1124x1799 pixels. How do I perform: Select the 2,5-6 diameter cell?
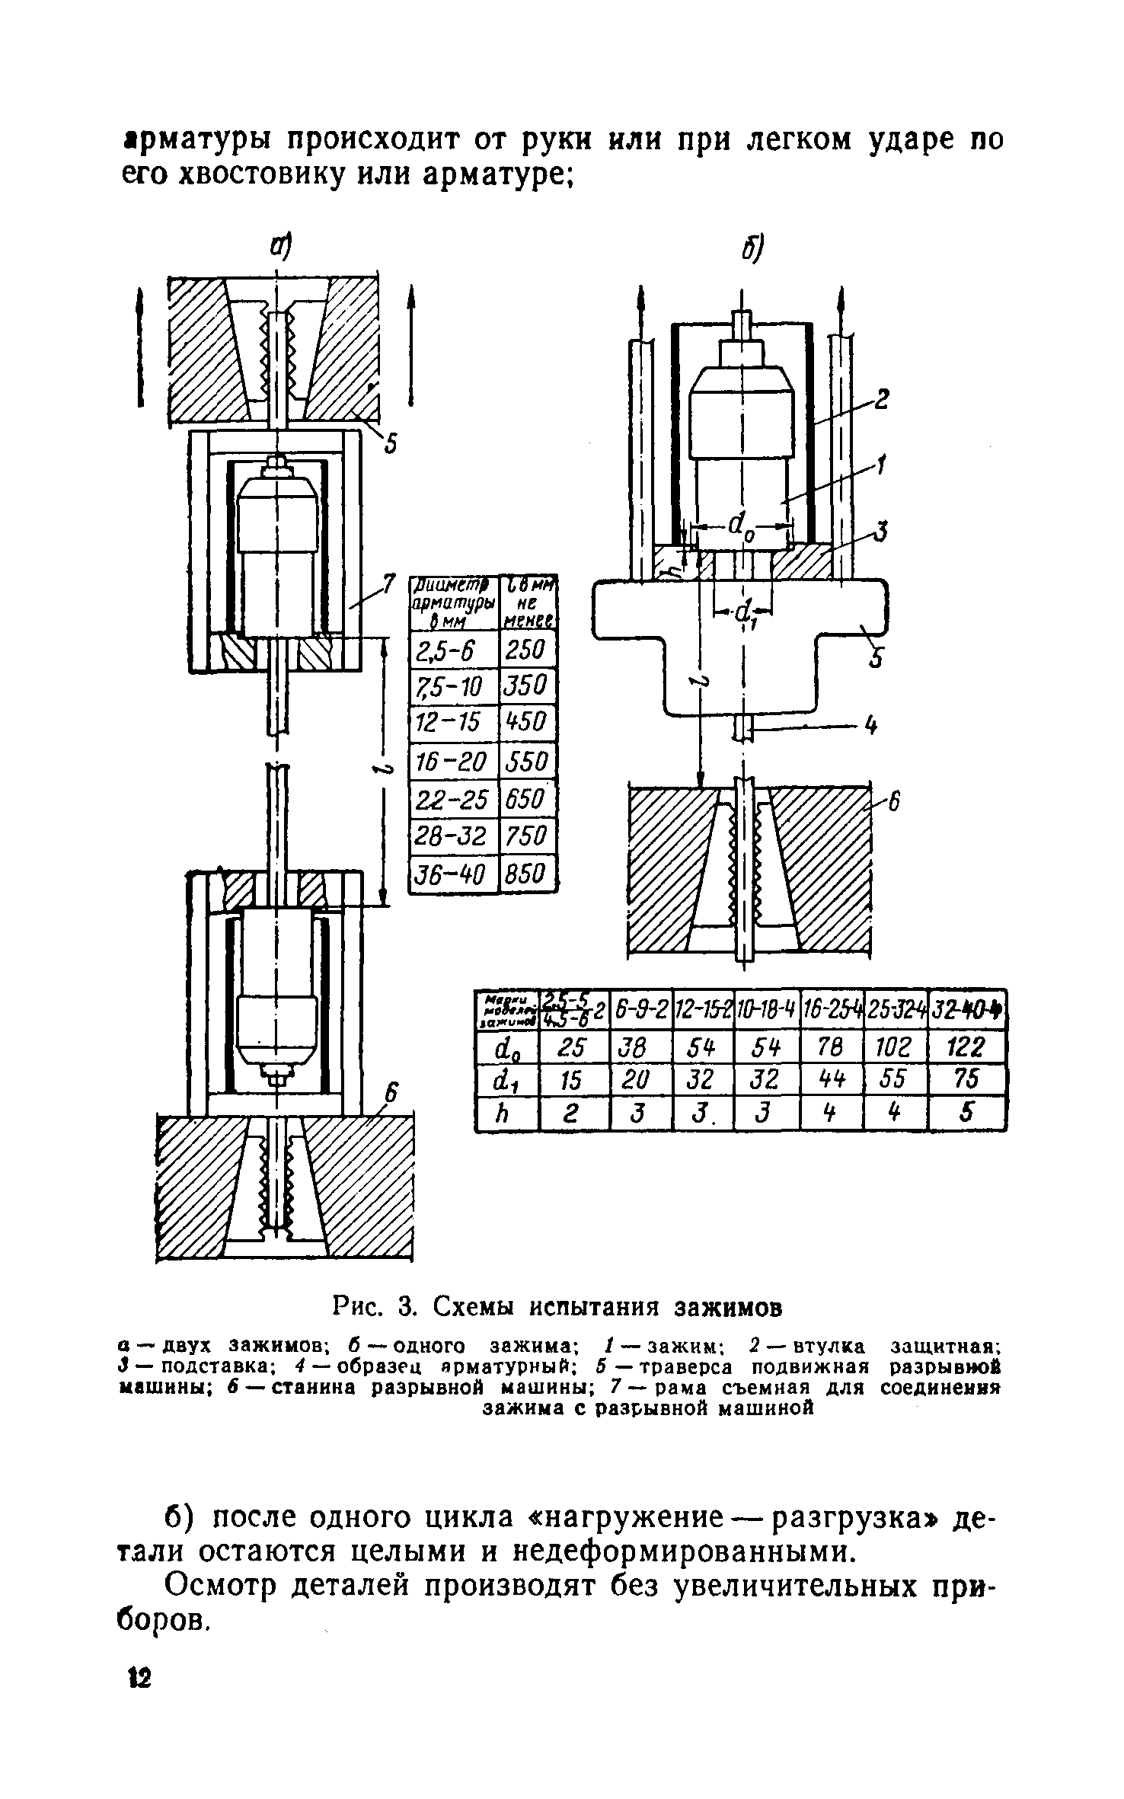pos(452,650)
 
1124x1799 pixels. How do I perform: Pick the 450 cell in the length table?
pos(526,722)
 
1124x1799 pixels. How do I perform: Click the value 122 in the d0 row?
pos(967,1046)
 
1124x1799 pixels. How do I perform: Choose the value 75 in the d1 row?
pos(967,1080)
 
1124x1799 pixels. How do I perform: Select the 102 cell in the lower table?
pos(896,1046)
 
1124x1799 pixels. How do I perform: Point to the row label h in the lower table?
pos(506,1114)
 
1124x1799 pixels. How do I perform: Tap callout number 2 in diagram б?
pos(882,398)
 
